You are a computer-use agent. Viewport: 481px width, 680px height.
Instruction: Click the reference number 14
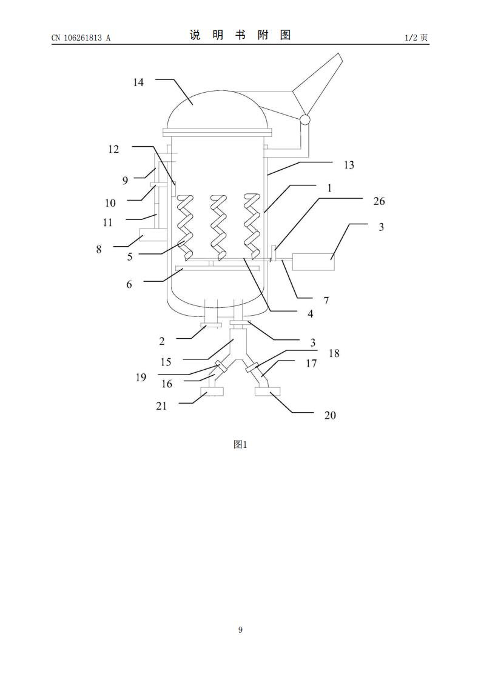[138, 82]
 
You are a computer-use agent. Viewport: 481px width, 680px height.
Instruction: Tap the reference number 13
[349, 165]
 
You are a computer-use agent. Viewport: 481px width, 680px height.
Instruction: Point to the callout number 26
[379, 201]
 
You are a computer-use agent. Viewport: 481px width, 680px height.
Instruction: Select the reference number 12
[113, 149]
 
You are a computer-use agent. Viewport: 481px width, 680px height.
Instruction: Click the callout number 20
[331, 415]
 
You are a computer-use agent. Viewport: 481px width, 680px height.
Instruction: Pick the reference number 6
[129, 284]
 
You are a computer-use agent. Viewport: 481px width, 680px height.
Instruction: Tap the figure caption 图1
[240, 444]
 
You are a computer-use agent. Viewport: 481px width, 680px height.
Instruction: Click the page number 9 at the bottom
[240, 630]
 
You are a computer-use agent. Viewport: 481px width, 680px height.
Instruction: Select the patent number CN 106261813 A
[81, 38]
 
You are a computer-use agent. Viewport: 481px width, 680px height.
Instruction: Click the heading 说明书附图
[240, 35]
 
